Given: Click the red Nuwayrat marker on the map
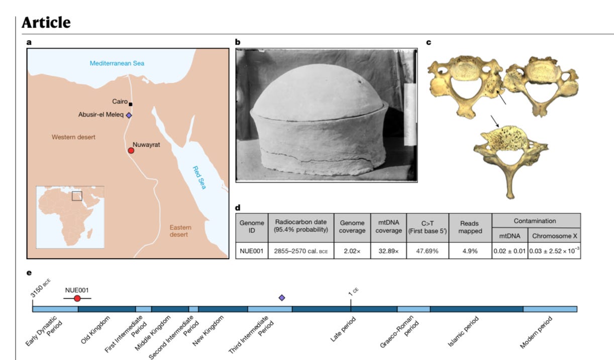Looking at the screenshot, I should (x=131, y=151).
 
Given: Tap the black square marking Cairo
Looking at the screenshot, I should (x=131, y=104).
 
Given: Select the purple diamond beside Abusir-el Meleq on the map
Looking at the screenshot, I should (x=129, y=115).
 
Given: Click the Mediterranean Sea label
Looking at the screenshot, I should (x=117, y=63).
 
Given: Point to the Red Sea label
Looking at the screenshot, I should (x=200, y=177).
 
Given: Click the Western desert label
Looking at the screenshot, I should (x=73, y=137).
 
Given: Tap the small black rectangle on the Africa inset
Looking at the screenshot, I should (x=77, y=196).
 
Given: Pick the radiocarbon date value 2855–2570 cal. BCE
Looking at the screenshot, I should (x=301, y=251).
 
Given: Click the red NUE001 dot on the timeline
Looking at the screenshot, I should (x=77, y=298).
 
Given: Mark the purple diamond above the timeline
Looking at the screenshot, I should (x=282, y=298).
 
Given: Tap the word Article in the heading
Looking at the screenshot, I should (x=46, y=23).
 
